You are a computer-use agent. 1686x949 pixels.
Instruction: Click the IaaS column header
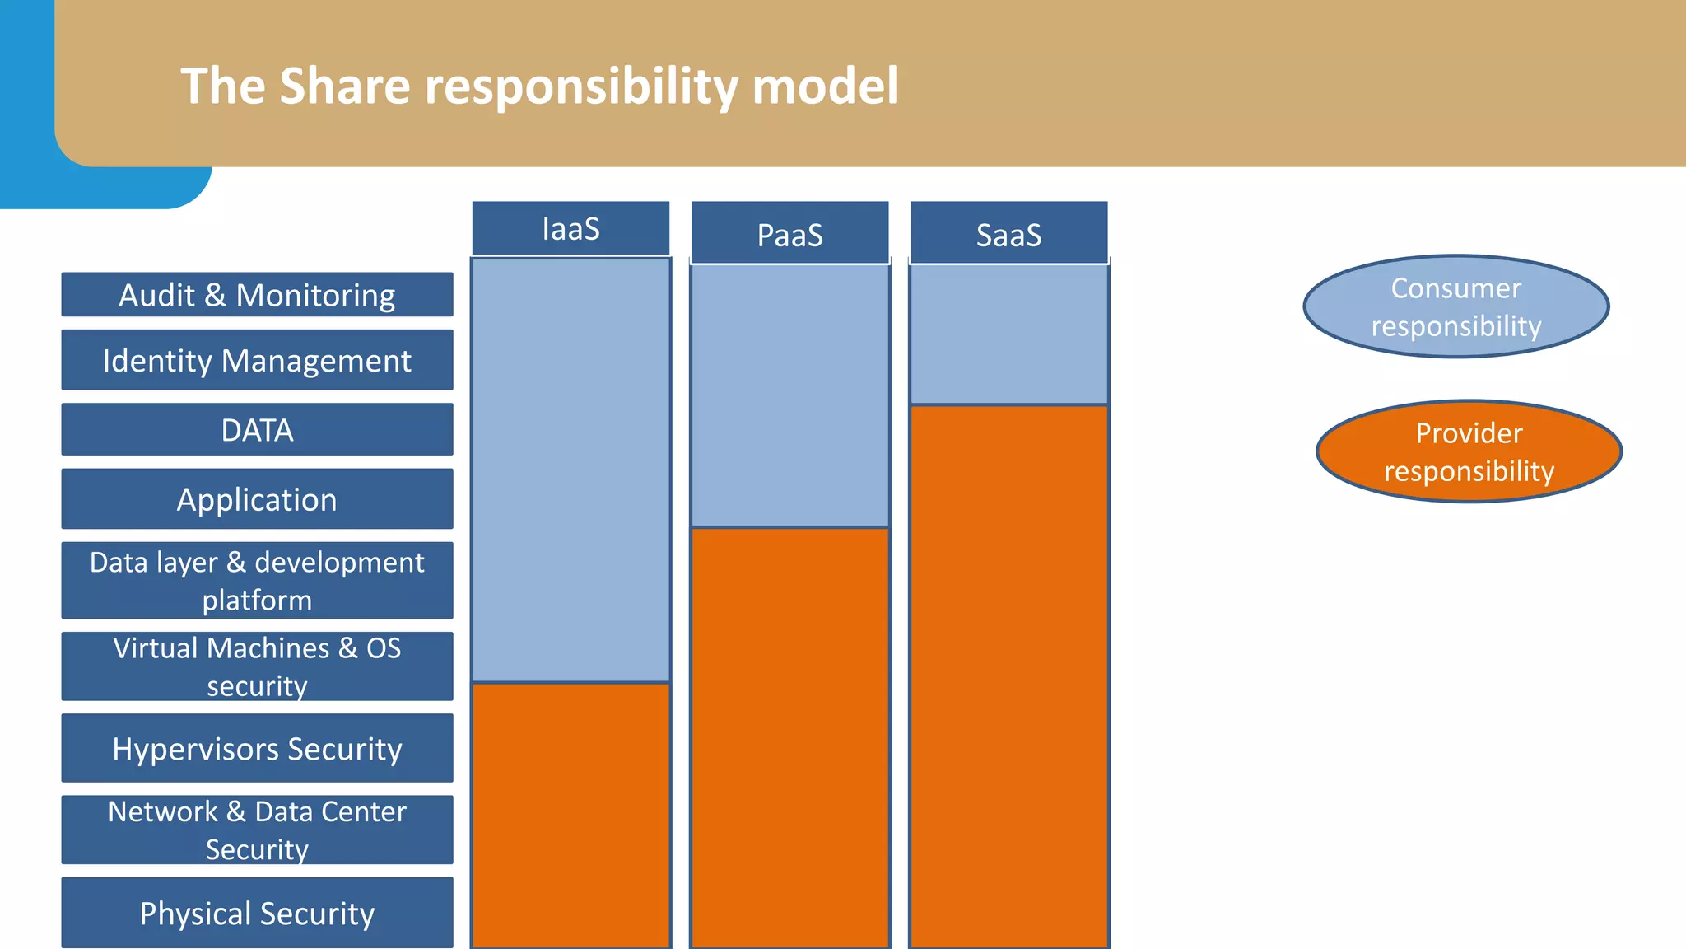pyautogui.click(x=571, y=228)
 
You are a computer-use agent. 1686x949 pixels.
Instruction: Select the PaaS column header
pyautogui.click(x=789, y=234)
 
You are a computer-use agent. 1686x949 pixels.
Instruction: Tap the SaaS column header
pyautogui.click(x=1008, y=234)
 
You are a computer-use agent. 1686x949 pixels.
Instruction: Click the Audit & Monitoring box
pyautogui.click(x=257, y=295)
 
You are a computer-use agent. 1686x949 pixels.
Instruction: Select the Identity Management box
pyautogui.click(x=257, y=360)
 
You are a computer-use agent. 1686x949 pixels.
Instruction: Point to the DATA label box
pyautogui.click(x=257, y=429)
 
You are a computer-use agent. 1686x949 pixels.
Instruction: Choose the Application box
pyautogui.click(x=257, y=499)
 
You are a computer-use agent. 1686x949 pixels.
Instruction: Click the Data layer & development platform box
pyautogui.click(x=257, y=580)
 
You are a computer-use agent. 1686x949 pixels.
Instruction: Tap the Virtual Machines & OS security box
pyautogui.click(x=257, y=666)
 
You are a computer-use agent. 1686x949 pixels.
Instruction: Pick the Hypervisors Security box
pyautogui.click(x=257, y=748)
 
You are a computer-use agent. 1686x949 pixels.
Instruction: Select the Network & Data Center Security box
pyautogui.click(x=257, y=830)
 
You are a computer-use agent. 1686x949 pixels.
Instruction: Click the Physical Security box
pyautogui.click(x=257, y=912)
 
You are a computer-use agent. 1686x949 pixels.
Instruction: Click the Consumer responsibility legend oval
pyautogui.click(x=1455, y=306)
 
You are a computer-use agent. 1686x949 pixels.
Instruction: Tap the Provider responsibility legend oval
pyautogui.click(x=1469, y=451)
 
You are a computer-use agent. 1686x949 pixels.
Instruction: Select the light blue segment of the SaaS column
pyautogui.click(x=1008, y=334)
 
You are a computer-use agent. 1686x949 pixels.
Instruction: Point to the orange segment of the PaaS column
pyautogui.click(x=789, y=737)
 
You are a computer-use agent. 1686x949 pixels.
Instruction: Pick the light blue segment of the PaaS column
pyautogui.click(x=789, y=395)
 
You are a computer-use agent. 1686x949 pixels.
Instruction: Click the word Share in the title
pyautogui.click(x=344, y=86)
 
